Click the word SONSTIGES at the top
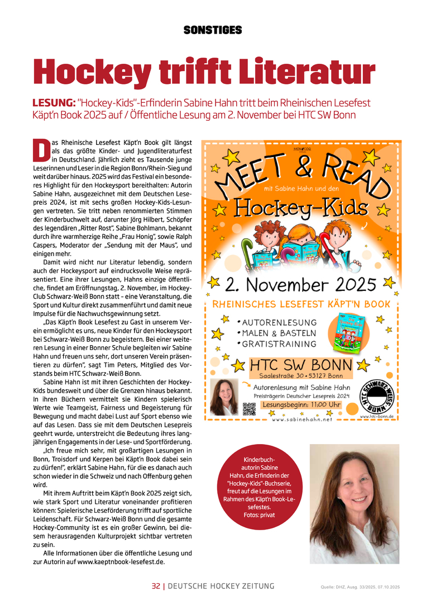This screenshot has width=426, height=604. pos(213,30)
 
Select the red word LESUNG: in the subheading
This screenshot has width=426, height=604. pos(54,103)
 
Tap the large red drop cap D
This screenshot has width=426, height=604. pos(41,149)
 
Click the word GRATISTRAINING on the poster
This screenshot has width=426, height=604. pos(280,344)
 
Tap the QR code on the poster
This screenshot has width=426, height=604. pos(250,409)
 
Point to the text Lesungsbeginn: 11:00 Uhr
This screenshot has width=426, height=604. pos(301,404)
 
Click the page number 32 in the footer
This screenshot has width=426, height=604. pos(156,586)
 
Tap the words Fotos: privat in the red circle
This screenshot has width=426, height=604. pos(259,515)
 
